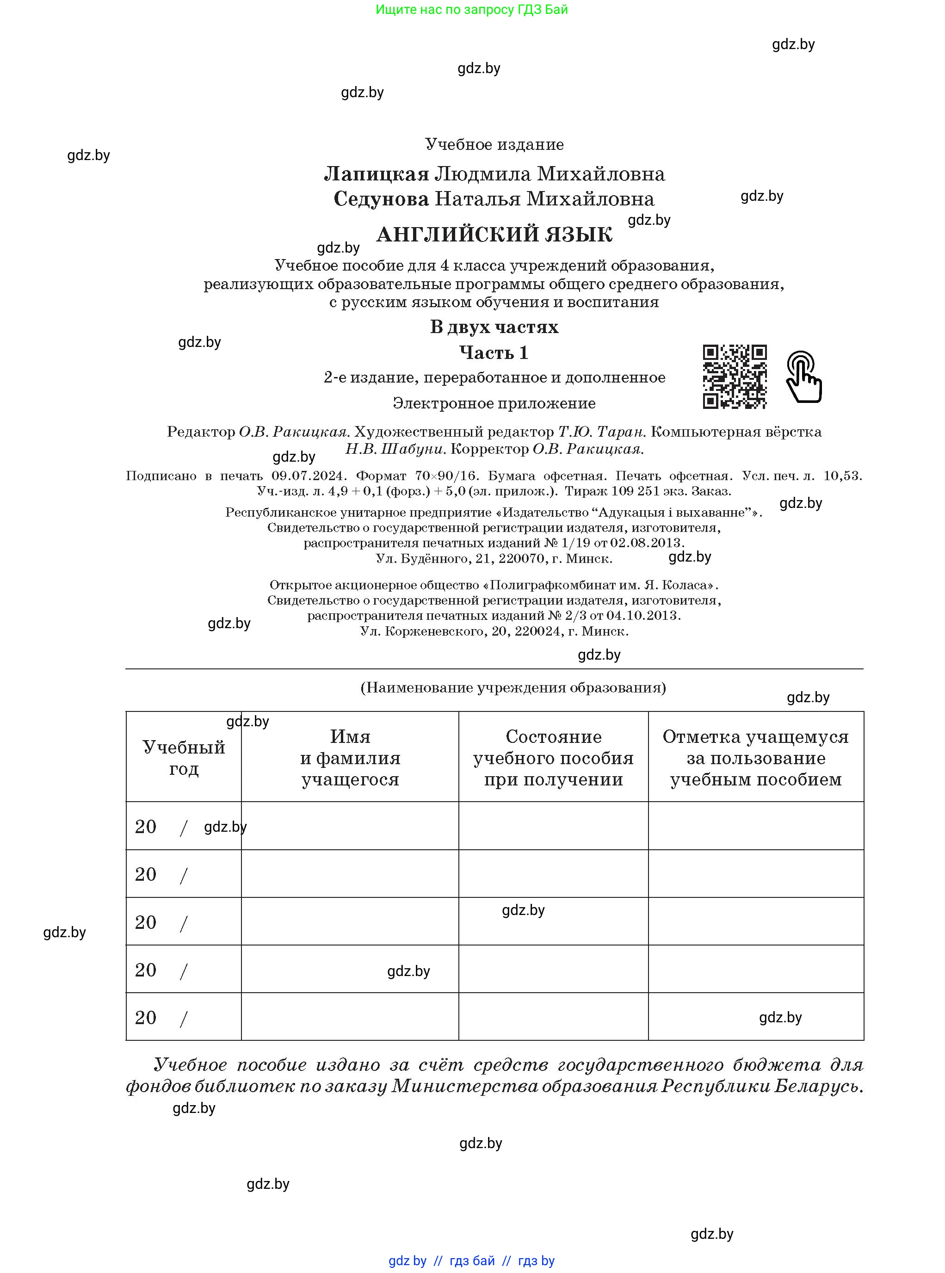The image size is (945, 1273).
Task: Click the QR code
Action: click(x=735, y=377)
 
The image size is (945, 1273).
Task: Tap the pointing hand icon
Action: click(x=804, y=377)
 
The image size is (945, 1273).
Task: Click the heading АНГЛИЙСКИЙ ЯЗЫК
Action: click(x=494, y=235)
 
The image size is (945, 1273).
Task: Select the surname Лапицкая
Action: click(x=377, y=173)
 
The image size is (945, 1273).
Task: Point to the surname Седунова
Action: click(x=381, y=199)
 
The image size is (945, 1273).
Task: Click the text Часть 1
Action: click(x=494, y=352)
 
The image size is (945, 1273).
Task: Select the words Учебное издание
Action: click(x=494, y=144)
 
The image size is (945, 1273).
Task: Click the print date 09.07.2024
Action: click(x=309, y=476)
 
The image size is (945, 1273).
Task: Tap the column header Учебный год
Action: click(x=184, y=758)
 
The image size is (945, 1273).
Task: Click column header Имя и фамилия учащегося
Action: click(x=350, y=758)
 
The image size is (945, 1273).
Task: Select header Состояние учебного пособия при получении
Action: click(x=553, y=758)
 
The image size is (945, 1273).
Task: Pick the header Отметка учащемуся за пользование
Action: click(x=756, y=758)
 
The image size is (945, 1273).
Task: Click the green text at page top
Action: click(x=471, y=10)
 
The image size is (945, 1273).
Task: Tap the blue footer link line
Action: click(x=471, y=1261)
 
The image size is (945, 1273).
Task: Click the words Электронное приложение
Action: click(x=494, y=403)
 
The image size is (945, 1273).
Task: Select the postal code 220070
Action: click(x=522, y=558)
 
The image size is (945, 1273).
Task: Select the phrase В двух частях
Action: click(x=494, y=327)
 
